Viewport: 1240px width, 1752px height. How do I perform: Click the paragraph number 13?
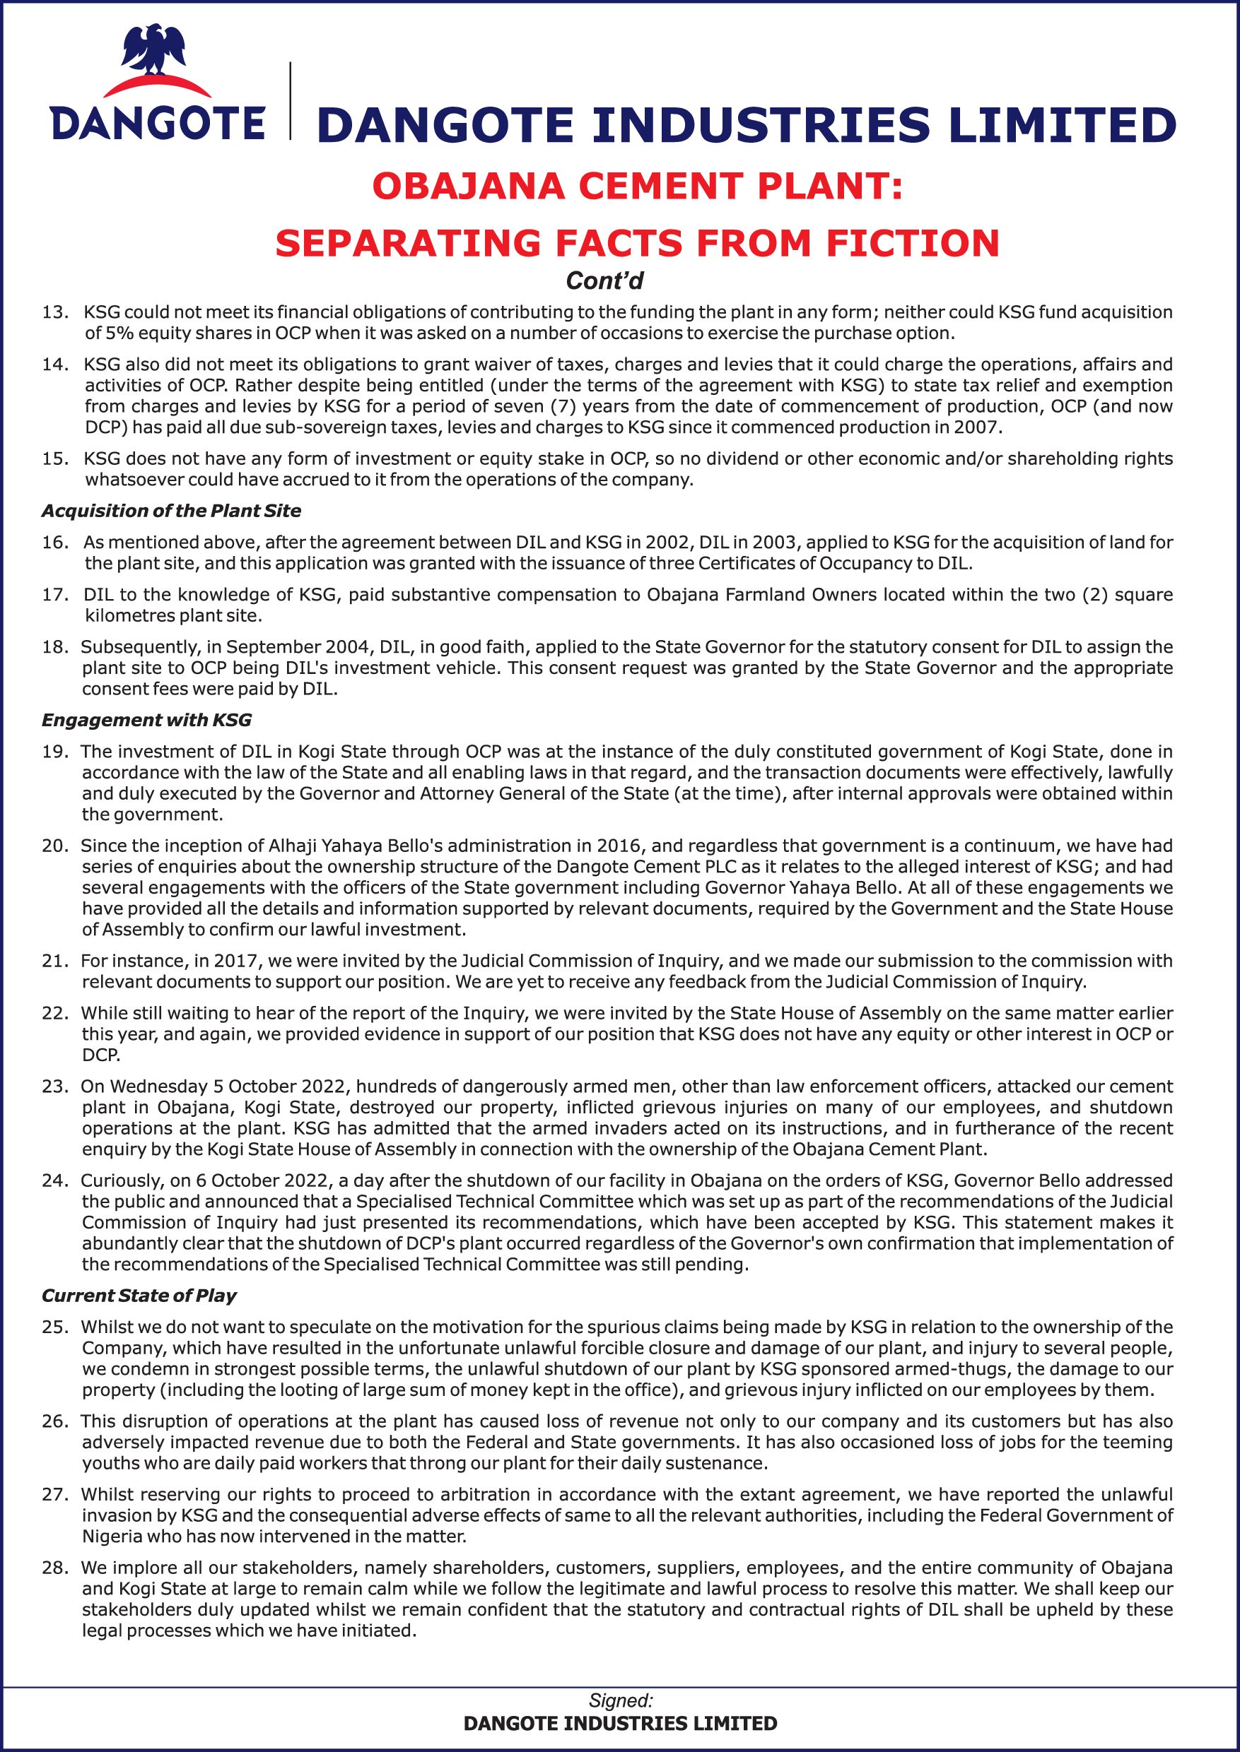(54, 312)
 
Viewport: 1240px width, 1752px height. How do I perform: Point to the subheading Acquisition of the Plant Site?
(171, 511)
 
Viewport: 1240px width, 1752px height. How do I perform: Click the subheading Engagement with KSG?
(146, 720)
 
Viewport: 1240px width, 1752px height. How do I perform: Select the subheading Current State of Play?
(139, 1295)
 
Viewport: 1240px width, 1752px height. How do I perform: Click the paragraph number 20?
(54, 846)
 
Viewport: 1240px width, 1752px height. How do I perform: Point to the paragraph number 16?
(54, 543)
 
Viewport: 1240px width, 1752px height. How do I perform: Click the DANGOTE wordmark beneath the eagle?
(157, 123)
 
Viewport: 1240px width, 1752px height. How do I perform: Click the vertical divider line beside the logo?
(290, 99)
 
